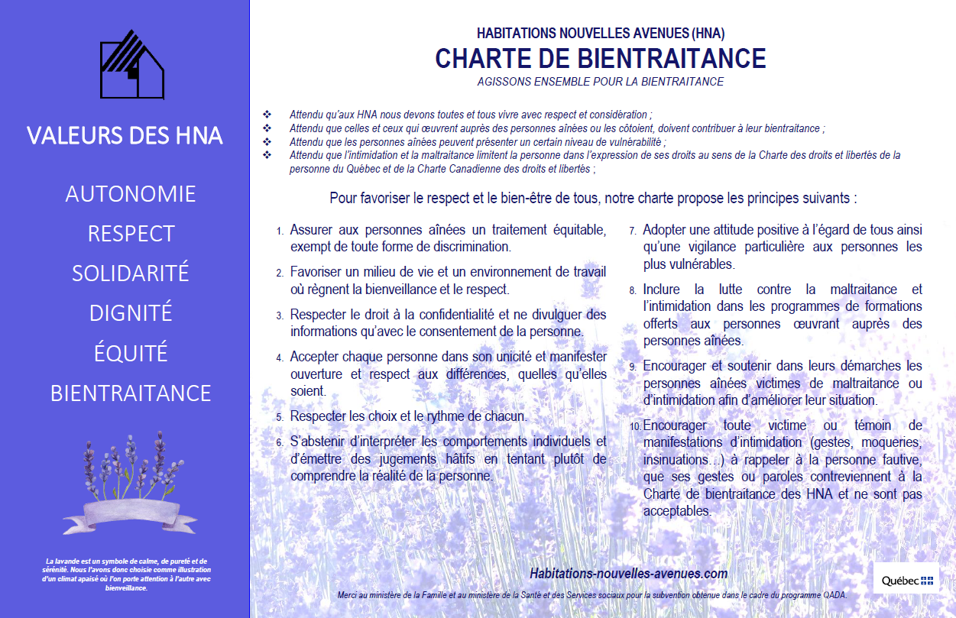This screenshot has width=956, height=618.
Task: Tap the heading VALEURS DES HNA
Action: [125, 136]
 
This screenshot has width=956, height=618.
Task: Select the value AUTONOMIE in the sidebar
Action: [131, 194]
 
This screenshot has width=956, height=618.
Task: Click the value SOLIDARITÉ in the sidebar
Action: [131, 273]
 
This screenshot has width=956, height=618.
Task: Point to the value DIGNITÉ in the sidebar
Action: [131, 313]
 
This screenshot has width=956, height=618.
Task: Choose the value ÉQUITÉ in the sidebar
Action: [131, 354]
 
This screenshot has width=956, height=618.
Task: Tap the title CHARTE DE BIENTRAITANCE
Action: [600, 59]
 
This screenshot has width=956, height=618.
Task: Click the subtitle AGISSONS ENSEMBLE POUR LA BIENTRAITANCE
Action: [600, 82]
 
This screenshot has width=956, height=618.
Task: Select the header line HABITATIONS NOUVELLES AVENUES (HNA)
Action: [600, 34]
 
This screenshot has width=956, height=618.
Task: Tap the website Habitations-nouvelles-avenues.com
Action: [628, 573]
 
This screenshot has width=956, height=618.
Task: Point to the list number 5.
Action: [280, 418]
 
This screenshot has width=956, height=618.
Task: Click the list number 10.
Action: [636, 426]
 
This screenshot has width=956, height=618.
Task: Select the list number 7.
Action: [633, 231]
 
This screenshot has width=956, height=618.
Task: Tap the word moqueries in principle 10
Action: [886, 442]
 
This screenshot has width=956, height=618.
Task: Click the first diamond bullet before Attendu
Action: [267, 114]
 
